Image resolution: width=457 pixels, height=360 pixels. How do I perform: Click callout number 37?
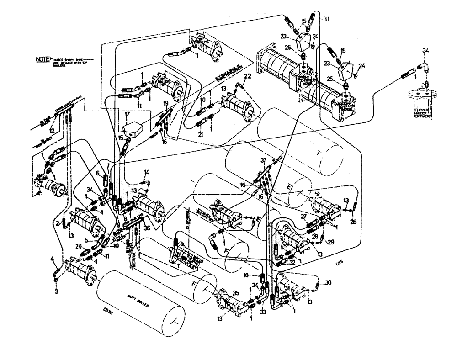click(x=263, y=160)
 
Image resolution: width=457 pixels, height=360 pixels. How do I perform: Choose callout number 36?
click(x=147, y=228)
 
